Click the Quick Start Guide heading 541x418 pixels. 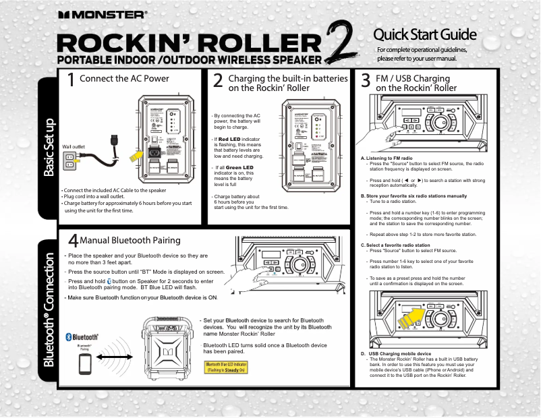pyautogui.click(x=426, y=34)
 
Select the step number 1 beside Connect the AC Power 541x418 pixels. pyautogui.click(x=71, y=81)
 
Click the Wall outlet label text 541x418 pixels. pyautogui.click(x=73, y=146)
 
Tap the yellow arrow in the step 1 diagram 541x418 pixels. pyautogui.click(x=138, y=156)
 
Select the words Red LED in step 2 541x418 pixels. pyautogui.click(x=233, y=139)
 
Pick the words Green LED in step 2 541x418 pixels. pyautogui.click(x=239, y=167)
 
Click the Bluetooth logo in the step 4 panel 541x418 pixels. pyautogui.click(x=82, y=336)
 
